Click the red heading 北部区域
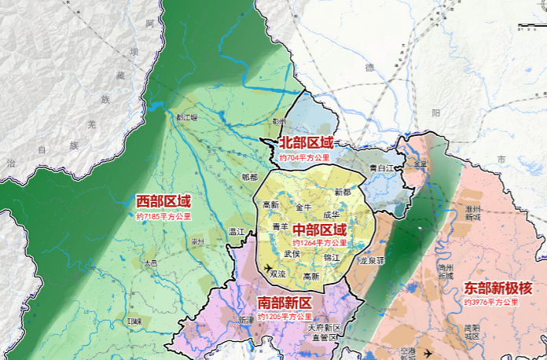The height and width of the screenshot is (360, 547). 307,142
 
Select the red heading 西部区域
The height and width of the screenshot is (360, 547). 163,201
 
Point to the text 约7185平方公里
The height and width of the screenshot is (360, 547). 163,215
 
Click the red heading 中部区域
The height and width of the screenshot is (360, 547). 319,230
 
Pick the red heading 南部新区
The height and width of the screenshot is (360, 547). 285,303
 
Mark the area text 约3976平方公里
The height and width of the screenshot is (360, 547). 491,302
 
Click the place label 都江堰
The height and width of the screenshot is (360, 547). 187,117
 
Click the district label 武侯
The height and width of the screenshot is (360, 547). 292,253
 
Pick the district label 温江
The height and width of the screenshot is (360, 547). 237,232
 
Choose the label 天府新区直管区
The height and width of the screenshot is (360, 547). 323,332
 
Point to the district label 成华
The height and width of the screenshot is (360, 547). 331,214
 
